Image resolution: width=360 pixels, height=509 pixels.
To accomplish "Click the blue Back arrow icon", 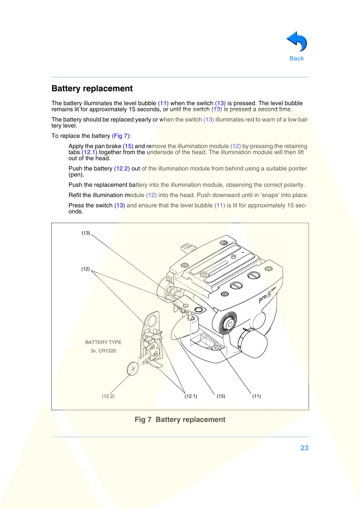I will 297,42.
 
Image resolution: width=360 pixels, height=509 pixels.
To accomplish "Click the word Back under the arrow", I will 296,59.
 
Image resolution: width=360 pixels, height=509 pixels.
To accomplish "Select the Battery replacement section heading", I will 92,89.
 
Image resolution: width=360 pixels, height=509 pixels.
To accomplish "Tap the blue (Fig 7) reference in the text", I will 120,136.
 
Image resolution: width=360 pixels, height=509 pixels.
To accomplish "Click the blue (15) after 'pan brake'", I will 128,146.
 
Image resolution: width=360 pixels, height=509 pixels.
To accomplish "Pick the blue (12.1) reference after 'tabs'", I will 89,152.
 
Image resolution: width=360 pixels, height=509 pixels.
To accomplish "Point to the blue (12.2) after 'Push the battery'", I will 122,169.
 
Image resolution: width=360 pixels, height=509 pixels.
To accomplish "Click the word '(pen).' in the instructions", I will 76,175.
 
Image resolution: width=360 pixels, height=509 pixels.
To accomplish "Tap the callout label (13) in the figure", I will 86,233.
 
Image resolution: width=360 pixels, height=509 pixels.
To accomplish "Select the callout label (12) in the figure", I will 86,269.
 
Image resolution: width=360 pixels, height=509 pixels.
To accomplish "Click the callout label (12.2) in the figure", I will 108,396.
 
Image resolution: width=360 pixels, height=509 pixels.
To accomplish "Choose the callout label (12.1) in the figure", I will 191,396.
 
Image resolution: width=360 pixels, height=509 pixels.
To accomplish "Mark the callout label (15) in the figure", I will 221,396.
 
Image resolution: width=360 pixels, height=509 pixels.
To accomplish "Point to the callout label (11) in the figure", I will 257,396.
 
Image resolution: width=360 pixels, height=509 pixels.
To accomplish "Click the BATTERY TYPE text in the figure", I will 103,342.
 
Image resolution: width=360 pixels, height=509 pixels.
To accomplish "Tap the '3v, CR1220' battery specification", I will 103,351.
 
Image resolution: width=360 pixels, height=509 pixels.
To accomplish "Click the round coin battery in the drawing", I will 133,369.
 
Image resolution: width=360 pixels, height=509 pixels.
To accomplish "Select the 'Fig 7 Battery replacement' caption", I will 180,420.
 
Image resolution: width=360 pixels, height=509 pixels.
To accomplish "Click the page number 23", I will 304,448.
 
